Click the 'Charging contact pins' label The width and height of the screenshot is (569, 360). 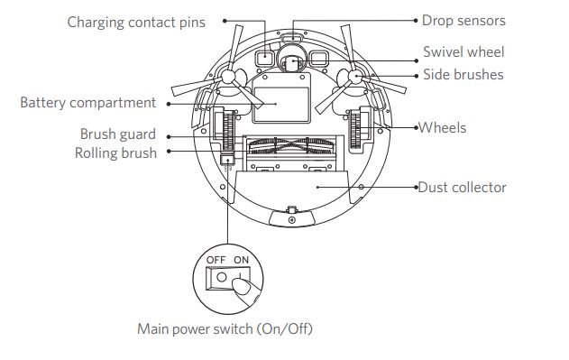coord(136,23)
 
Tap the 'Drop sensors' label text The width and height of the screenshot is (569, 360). coord(463,21)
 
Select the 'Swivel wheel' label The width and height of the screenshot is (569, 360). coord(463,52)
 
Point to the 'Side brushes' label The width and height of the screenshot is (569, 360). coord(463,75)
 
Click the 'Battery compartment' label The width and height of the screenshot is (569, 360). coord(88,103)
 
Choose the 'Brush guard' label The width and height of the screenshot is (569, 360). coord(118,134)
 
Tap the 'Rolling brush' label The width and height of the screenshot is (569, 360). coord(115,153)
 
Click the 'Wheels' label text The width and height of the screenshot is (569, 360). coord(443,128)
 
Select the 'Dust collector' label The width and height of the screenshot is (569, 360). coord(463,188)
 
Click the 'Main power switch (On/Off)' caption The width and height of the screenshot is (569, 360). coord(225,329)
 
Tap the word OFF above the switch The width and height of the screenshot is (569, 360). coord(216,260)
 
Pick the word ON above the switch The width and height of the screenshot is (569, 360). coord(241,260)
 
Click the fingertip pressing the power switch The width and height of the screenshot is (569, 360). coord(241,285)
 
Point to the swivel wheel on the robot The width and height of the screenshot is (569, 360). coord(292,63)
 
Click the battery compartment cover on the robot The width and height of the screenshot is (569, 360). coord(281,98)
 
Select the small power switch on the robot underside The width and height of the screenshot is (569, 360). coord(227,159)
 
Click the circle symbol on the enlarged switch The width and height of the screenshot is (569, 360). coord(221,278)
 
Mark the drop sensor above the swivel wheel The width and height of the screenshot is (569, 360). coord(293,37)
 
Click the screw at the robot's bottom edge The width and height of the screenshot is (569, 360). coord(291,220)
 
